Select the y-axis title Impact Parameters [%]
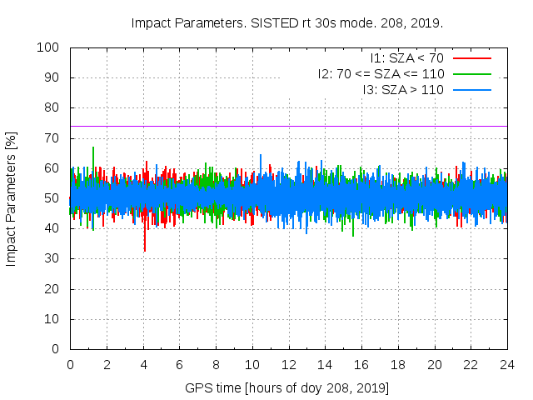[12, 198]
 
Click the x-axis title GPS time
[287, 388]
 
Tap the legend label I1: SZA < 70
[406, 58]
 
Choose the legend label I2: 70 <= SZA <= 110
[381, 73]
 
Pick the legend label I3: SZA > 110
[403, 89]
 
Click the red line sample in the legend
[471, 58]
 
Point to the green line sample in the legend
[471, 73]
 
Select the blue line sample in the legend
[471, 89]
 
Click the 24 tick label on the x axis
[507, 365]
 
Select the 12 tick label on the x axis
[289, 365]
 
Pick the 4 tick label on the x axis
[143, 365]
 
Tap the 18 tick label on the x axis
[398, 365]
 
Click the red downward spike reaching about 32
[145, 248]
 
